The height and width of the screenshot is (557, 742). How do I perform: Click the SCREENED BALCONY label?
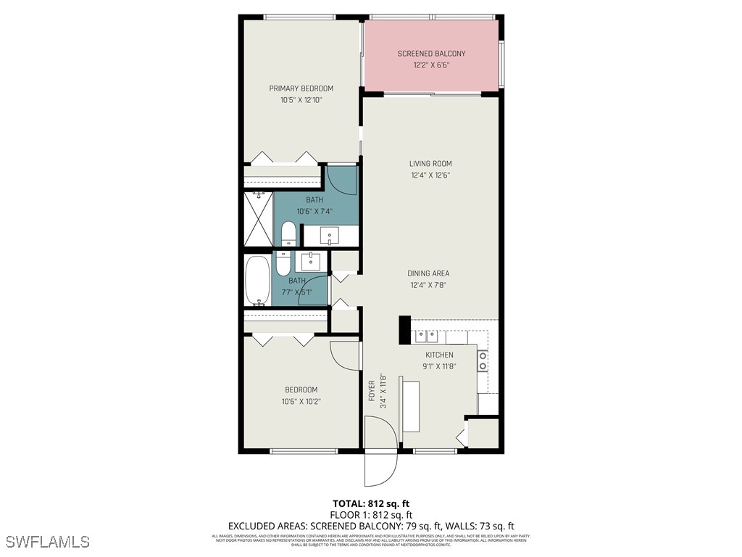click(431, 54)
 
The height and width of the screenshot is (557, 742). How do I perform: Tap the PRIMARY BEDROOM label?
click(301, 88)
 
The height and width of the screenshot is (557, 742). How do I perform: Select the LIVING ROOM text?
click(430, 164)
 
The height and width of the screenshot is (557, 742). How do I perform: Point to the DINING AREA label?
click(428, 273)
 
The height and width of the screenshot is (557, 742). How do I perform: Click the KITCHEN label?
click(439, 355)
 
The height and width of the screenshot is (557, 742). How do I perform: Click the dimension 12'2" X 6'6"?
click(431, 65)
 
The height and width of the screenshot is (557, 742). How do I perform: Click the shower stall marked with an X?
click(258, 218)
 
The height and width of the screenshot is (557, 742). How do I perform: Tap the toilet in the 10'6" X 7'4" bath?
click(288, 234)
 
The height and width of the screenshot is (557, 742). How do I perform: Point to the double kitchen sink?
click(425, 336)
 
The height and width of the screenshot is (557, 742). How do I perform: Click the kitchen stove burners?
click(482, 361)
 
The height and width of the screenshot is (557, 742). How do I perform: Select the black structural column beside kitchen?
click(404, 330)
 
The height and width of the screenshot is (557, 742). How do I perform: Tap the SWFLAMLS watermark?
click(47, 542)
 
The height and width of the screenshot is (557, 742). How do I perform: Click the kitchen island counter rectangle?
click(410, 405)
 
